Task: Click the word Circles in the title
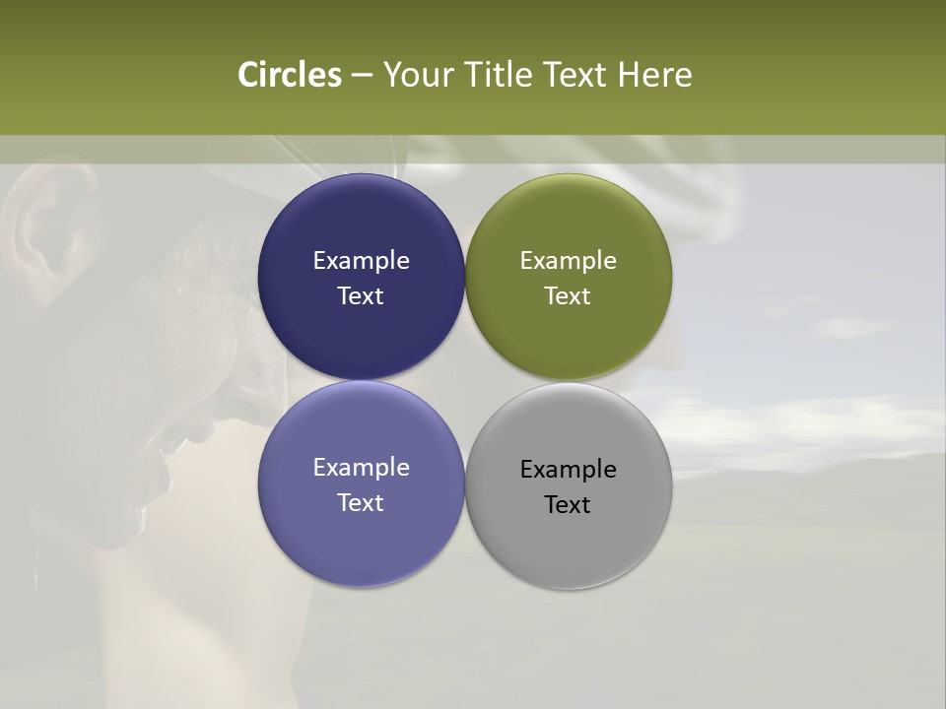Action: [289, 75]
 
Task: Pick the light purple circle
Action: [361, 537]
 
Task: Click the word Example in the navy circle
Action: [361, 261]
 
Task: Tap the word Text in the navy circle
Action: [361, 296]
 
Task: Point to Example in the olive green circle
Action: [569, 261]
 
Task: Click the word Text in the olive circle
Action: [569, 296]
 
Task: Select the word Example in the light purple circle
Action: [361, 468]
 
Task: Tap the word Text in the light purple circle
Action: [361, 503]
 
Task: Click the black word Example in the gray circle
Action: [569, 470]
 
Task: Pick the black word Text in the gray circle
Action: [569, 505]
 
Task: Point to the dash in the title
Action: [362, 76]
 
